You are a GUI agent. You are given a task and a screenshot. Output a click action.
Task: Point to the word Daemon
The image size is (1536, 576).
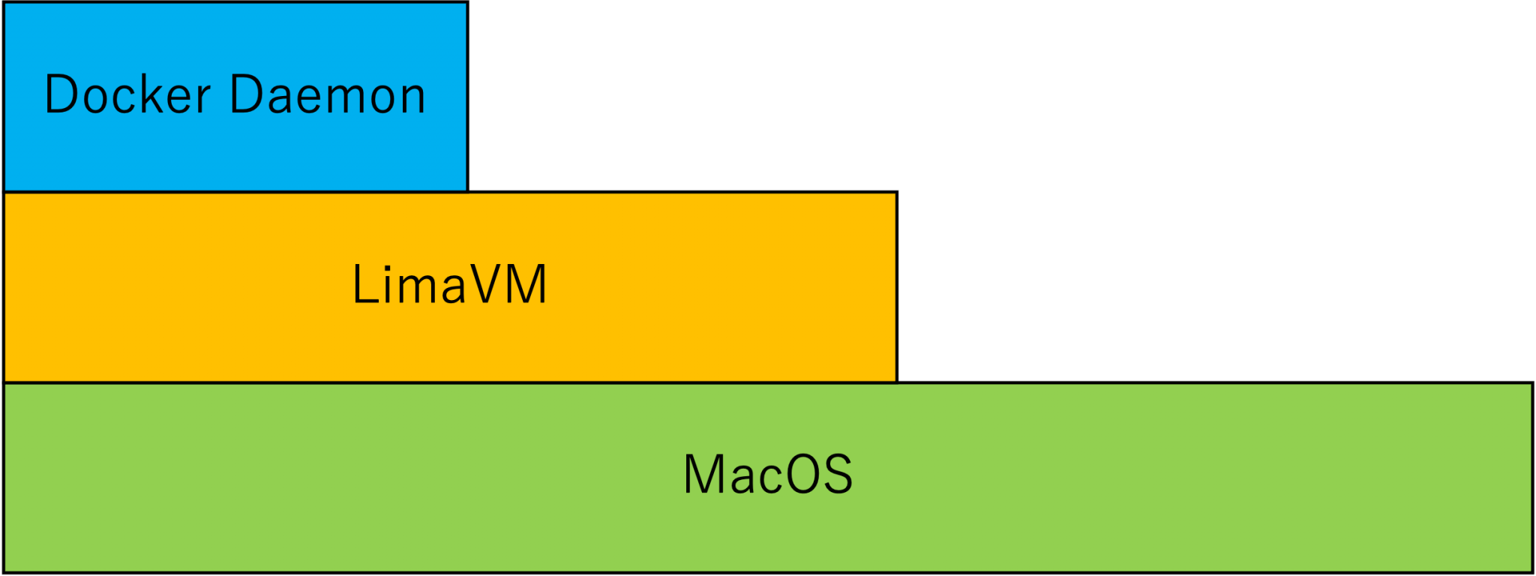pos(328,95)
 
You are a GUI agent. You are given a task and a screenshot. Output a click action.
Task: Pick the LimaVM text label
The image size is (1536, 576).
pos(450,285)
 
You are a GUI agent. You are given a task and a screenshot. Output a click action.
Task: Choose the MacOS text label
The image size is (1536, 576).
pos(768,474)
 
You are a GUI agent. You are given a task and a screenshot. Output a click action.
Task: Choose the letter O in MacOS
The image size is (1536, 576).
pos(802,474)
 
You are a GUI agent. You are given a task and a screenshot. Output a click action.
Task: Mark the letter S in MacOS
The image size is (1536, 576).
pos(838,474)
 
